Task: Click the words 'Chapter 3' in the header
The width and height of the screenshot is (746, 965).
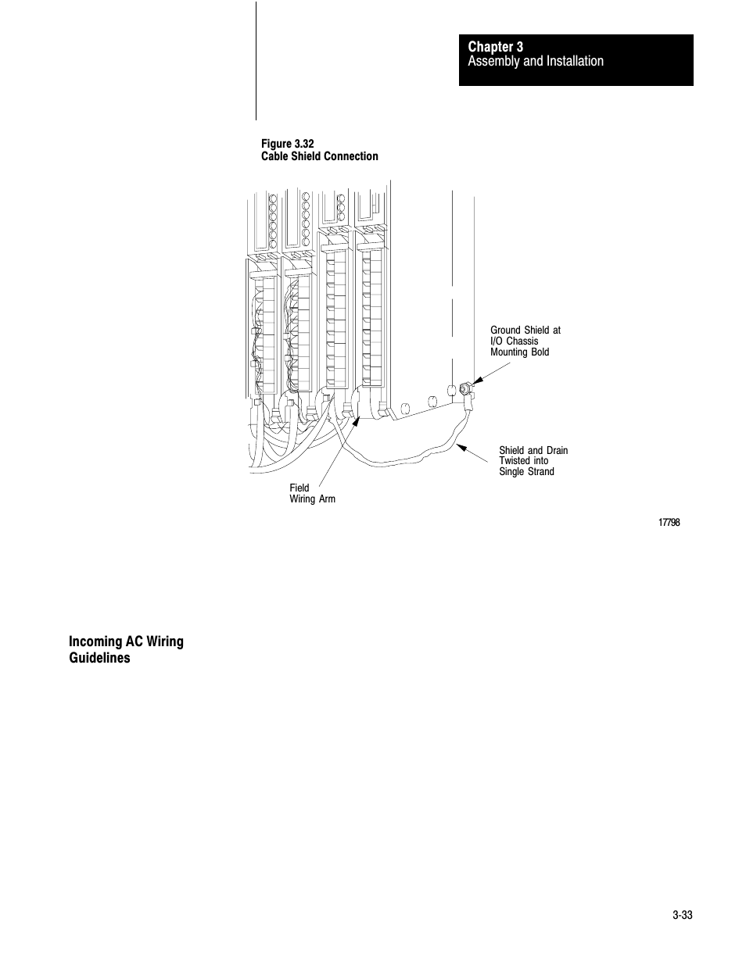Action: tap(496, 47)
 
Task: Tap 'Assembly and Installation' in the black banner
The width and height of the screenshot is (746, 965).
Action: tap(536, 61)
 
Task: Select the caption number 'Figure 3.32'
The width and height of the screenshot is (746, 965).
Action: tap(287, 144)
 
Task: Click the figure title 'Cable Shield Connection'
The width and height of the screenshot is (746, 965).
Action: tap(319, 156)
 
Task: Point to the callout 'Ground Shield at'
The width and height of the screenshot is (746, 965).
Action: tap(525, 331)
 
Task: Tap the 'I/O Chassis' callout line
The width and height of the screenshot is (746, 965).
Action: tap(515, 341)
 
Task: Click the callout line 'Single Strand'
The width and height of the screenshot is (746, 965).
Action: tap(526, 472)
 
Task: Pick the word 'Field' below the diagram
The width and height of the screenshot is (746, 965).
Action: tap(299, 488)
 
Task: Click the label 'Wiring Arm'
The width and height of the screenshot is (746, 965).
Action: tap(312, 499)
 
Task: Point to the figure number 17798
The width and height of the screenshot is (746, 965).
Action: tap(669, 523)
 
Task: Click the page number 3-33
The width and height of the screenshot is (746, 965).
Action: tap(682, 916)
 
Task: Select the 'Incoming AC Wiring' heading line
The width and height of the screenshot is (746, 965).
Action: tap(126, 642)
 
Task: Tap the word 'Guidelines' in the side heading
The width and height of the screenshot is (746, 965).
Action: tap(99, 658)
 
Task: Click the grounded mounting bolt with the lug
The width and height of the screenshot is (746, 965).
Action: tap(464, 388)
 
